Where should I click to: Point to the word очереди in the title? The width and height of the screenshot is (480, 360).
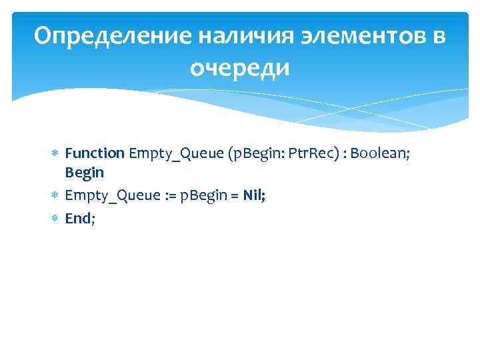pos(240,67)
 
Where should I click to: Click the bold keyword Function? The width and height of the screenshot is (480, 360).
pos(95,153)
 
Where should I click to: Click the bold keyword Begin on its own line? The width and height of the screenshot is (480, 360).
pos(84,172)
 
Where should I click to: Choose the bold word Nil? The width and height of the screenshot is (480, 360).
pos(255,195)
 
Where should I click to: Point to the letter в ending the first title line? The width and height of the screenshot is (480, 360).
pos(438,37)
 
